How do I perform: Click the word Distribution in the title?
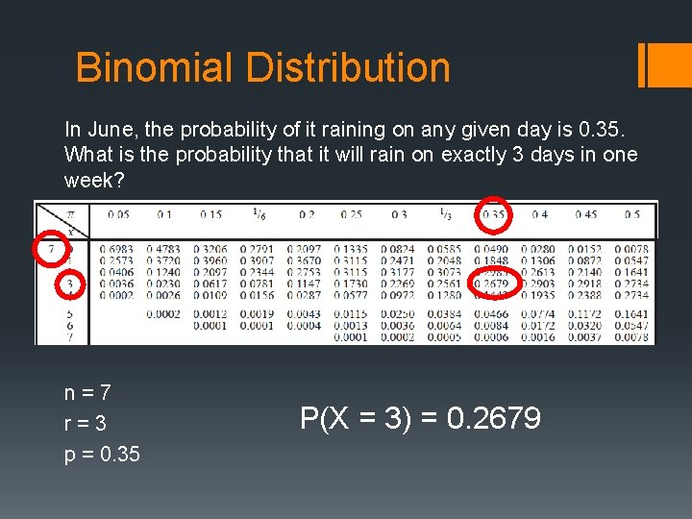coord(348,68)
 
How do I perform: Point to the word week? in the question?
coord(94,180)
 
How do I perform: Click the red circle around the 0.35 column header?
coord(494,215)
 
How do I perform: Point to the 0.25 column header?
coord(352,215)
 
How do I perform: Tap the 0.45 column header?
coord(587,215)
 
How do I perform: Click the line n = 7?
coord(87,392)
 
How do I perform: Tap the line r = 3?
coord(86,423)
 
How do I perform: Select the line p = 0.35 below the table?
coord(102,454)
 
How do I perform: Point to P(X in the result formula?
coord(323,419)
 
